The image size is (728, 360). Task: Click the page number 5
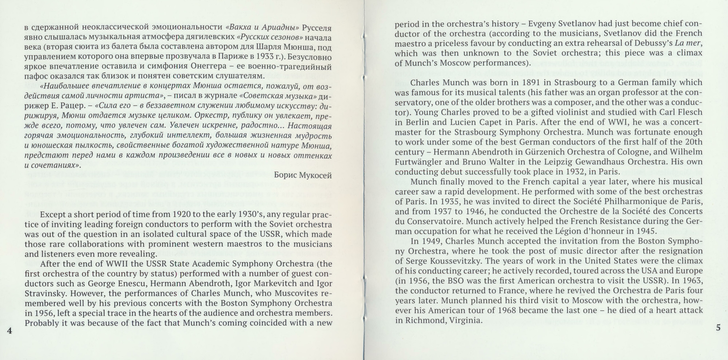[x=718, y=328]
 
